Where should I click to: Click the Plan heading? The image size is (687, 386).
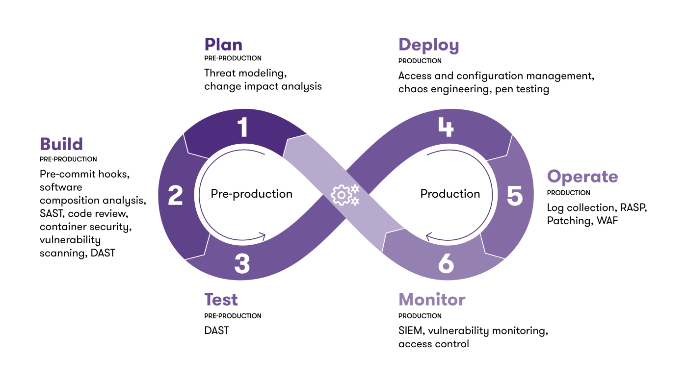pyautogui.click(x=223, y=45)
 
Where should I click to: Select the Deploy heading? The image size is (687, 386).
pyautogui.click(x=428, y=45)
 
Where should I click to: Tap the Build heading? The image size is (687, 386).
pyautogui.click(x=61, y=144)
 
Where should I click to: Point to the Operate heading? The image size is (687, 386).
pyautogui.click(x=582, y=177)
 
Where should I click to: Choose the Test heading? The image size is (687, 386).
pyautogui.click(x=221, y=299)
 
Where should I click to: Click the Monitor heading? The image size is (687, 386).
pyautogui.click(x=432, y=299)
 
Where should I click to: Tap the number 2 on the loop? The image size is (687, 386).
pyautogui.click(x=176, y=196)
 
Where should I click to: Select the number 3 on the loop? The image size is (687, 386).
pyautogui.click(x=242, y=263)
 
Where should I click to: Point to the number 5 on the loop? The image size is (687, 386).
pyautogui.click(x=514, y=196)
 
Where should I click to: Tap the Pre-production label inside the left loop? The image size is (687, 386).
pyautogui.click(x=251, y=194)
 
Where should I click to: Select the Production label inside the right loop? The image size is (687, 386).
pyautogui.click(x=450, y=194)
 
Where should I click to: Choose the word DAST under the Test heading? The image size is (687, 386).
pyautogui.click(x=216, y=331)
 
